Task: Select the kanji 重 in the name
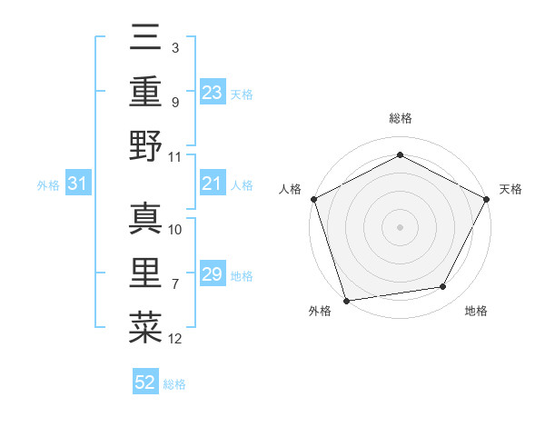pos(145,94)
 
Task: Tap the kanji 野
pos(145,146)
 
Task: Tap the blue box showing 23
pos(212,93)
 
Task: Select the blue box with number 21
pos(212,184)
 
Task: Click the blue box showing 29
pos(212,274)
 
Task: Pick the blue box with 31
pos(77,184)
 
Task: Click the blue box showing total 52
pos(145,382)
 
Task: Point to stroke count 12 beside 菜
pos(175,340)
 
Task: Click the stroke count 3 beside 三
pos(174,46)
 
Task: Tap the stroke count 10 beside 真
pos(175,229)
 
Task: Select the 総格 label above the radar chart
pos(400,118)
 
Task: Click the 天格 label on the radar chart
pos(510,189)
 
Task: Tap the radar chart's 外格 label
pos(320,311)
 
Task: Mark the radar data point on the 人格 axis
pos(313,198)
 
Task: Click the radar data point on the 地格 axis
pos(443,287)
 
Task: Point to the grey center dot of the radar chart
pos(400,226)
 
